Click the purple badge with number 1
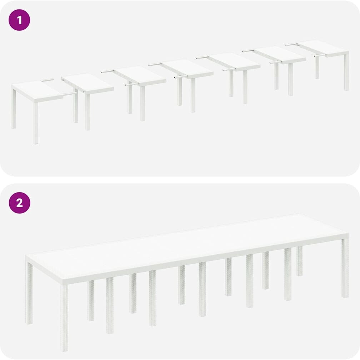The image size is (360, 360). click(19, 20)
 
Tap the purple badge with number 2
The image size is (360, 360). click(19, 203)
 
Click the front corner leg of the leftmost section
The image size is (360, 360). click(36, 123)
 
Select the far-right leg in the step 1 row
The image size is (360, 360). click(346, 71)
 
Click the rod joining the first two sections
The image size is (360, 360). click(70, 94)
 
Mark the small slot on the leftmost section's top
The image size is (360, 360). click(47, 80)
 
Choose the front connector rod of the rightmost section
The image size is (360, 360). click(320, 55)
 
